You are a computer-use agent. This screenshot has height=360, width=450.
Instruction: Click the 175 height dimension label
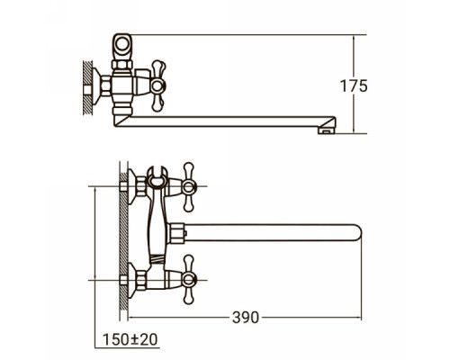(x=354, y=86)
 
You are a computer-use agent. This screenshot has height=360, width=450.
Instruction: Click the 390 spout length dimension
(x=245, y=318)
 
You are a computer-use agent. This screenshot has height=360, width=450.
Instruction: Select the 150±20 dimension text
(x=130, y=339)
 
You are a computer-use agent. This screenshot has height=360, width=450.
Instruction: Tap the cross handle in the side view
(x=157, y=86)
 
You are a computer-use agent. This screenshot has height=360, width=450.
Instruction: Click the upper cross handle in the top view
(x=188, y=187)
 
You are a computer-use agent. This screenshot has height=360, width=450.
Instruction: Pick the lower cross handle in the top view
(x=188, y=280)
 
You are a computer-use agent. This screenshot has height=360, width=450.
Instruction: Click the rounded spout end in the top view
(x=356, y=233)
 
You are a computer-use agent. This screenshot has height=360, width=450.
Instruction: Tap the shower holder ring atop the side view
(x=121, y=44)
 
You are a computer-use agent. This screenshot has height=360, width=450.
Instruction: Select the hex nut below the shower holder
(x=122, y=65)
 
